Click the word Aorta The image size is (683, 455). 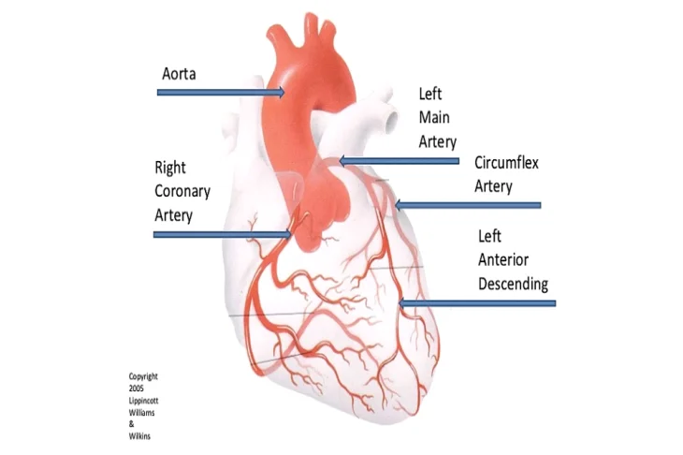[179, 74]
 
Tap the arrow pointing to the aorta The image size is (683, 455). [221, 93]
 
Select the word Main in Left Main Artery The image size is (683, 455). [434, 118]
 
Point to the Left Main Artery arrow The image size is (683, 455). [399, 161]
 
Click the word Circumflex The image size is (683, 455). [506, 163]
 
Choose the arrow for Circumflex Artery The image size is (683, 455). [468, 205]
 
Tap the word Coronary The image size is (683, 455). [182, 192]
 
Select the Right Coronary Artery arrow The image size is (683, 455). [223, 234]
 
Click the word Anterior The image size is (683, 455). [503, 259]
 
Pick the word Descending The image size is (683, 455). [513, 285]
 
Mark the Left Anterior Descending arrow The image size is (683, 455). [477, 303]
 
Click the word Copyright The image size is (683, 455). [143, 376]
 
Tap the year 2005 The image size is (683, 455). [136, 389]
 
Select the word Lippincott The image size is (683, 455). [143, 401]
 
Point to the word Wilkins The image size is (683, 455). [139, 436]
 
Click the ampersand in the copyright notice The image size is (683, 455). [131, 424]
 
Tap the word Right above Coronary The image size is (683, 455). [170, 169]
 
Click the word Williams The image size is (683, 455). [141, 412]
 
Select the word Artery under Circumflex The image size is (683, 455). [493, 186]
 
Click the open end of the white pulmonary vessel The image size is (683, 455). [392, 118]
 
